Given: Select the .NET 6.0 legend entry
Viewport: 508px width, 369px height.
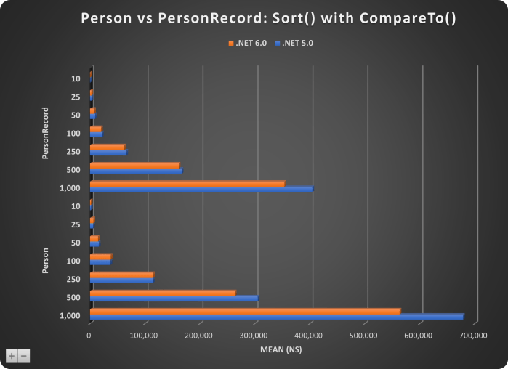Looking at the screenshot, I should (248, 44).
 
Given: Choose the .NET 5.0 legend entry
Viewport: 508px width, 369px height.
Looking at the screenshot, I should (294, 44).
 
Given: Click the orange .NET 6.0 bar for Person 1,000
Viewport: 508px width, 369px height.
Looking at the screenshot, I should (244, 312).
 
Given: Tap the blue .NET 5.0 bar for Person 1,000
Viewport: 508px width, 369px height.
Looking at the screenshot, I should (276, 317).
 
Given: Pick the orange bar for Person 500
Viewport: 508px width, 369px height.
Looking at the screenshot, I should (162, 293).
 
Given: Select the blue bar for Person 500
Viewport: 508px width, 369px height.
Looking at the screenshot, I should (174, 299).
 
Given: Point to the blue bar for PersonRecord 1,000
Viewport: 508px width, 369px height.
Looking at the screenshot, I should (201, 189).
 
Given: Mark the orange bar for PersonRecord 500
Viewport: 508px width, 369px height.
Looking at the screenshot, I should (134, 165).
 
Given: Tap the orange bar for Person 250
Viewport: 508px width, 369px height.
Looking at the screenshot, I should (121, 275).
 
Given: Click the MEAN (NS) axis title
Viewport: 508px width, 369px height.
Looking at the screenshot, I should (281, 349).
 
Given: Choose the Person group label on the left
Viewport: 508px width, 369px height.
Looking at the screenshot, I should (46, 261).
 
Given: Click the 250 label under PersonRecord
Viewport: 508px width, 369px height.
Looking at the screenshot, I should (73, 151).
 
